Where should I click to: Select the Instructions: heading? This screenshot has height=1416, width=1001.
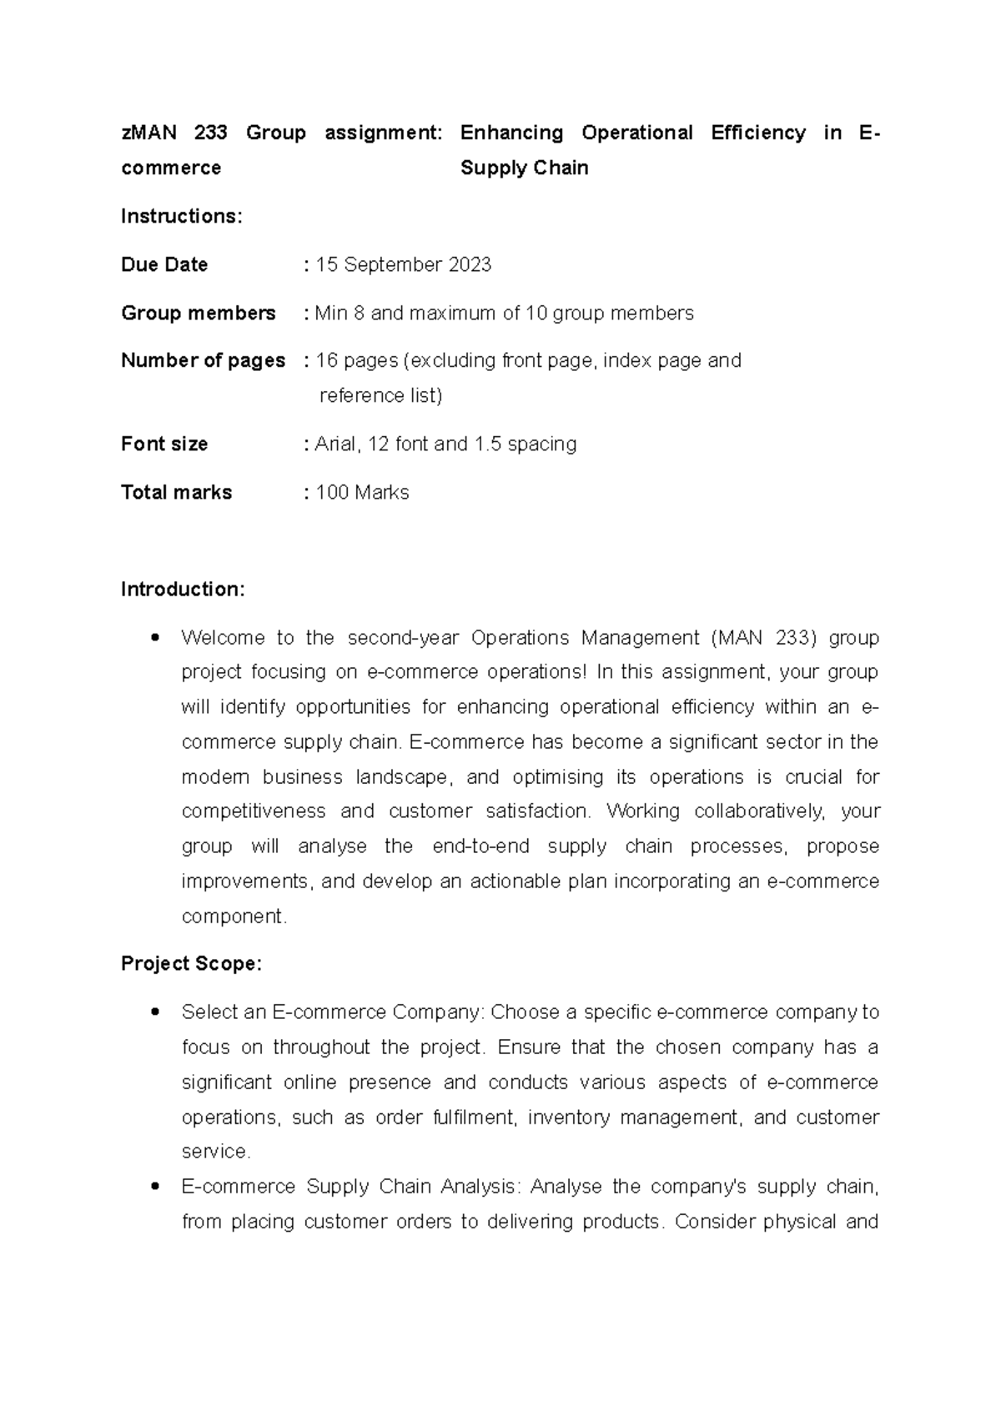[x=181, y=217]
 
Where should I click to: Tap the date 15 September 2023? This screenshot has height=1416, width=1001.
[x=404, y=265]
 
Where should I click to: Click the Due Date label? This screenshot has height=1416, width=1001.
[x=164, y=265]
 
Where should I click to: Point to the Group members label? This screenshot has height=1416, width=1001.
[x=198, y=314]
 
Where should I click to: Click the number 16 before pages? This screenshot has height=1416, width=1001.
[x=326, y=361]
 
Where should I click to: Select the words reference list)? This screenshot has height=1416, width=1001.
[x=380, y=396]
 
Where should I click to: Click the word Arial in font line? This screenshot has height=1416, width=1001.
[x=336, y=444]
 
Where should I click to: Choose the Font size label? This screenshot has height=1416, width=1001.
[x=164, y=444]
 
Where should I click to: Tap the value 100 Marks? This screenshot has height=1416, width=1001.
[x=362, y=493]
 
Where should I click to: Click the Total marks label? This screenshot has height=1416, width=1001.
[x=176, y=493]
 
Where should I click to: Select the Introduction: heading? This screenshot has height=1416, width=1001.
[x=183, y=590]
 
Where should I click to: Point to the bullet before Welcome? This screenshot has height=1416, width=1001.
[x=153, y=639]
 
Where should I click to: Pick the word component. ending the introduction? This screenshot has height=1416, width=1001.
[x=234, y=916]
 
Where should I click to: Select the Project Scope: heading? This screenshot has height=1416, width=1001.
[x=191, y=964]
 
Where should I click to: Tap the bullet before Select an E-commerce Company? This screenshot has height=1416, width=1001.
[x=153, y=1013]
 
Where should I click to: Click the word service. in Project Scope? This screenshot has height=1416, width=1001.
[x=216, y=1152]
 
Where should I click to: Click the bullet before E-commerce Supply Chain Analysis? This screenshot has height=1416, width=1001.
[x=153, y=1188]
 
